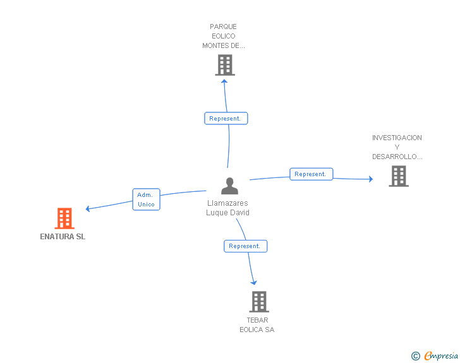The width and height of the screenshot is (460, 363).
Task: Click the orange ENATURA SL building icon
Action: [64, 218]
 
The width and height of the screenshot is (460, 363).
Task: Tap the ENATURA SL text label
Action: [63, 237]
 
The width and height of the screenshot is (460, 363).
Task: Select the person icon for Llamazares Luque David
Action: [229, 186]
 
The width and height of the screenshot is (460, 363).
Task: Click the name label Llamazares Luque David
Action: [227, 208]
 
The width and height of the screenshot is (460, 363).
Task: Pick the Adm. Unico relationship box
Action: [146, 199]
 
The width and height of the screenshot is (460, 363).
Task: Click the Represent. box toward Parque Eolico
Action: [226, 118]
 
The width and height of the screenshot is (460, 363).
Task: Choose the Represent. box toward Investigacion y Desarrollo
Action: [311, 174]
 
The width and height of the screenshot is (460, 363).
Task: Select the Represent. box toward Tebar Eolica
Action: [245, 246]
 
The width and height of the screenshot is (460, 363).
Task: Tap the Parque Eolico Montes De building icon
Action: [224, 64]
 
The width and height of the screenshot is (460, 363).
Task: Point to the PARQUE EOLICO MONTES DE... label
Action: [223, 36]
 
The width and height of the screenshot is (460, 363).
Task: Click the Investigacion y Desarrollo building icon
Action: [398, 176]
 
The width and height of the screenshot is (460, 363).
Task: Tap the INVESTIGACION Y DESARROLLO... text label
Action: [397, 147]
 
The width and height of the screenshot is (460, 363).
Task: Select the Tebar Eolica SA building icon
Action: [258, 302]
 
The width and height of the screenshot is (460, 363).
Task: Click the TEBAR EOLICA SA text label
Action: [257, 324]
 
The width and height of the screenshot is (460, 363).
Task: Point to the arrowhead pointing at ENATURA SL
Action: [88, 208]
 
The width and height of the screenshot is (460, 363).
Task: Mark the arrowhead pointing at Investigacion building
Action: [370, 179]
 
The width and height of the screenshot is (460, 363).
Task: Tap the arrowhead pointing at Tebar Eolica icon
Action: [254, 282]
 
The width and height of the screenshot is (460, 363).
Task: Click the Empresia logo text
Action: [441, 355]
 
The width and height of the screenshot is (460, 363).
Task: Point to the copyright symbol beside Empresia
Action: [415, 356]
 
